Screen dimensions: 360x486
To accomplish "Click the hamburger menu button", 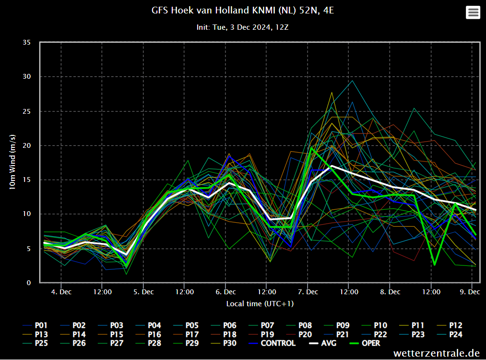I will [473, 12].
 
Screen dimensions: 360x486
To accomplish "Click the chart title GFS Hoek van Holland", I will [242, 10].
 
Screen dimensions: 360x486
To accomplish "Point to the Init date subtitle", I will [242, 27].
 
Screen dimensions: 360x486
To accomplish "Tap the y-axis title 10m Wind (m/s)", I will [13, 162].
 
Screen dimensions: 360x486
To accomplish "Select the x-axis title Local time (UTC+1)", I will [260, 303].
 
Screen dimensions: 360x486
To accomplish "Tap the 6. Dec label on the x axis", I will [225, 292].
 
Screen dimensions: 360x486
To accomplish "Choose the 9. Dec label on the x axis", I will [473, 292].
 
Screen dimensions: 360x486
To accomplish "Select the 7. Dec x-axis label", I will [308, 292].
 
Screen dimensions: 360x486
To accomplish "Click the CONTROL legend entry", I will [278, 343].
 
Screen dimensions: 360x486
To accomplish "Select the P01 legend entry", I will [38, 326].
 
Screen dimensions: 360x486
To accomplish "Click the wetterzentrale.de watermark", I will [436, 353].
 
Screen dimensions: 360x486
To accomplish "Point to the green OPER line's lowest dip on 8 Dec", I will [434, 264].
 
